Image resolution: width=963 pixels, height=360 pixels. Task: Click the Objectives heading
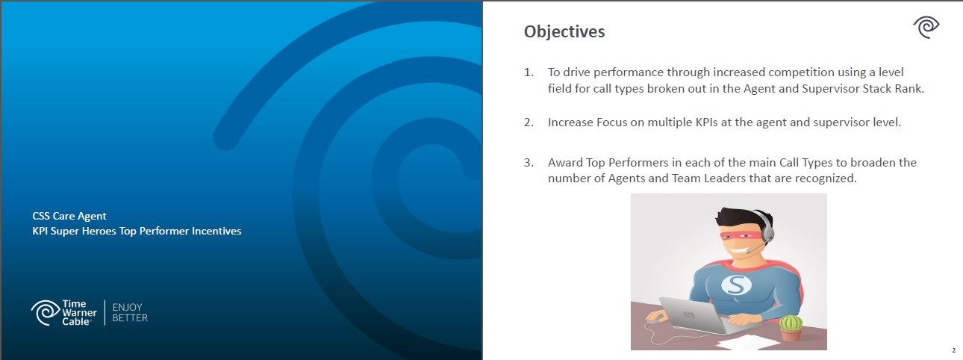[x=564, y=32]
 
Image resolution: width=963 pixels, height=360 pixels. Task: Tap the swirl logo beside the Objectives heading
[x=926, y=28]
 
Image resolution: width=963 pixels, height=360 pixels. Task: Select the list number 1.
[x=529, y=72]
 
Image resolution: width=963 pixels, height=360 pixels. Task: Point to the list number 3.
[x=529, y=163]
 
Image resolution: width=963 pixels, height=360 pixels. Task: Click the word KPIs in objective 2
[x=706, y=122]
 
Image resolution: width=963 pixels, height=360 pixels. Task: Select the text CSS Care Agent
[x=69, y=216]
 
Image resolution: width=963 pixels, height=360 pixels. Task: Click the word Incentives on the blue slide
[x=216, y=231]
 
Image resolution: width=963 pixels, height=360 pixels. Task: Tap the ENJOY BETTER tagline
[x=130, y=313]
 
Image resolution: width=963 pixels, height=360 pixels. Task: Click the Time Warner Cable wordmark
[x=79, y=313]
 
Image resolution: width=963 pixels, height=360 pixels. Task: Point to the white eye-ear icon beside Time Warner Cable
[x=45, y=313]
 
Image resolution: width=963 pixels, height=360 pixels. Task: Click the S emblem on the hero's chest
[x=736, y=285]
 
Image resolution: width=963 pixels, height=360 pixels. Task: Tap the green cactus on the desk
[x=791, y=328]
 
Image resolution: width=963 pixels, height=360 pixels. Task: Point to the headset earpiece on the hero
[x=767, y=233]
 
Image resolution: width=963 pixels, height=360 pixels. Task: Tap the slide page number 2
[x=953, y=350]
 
